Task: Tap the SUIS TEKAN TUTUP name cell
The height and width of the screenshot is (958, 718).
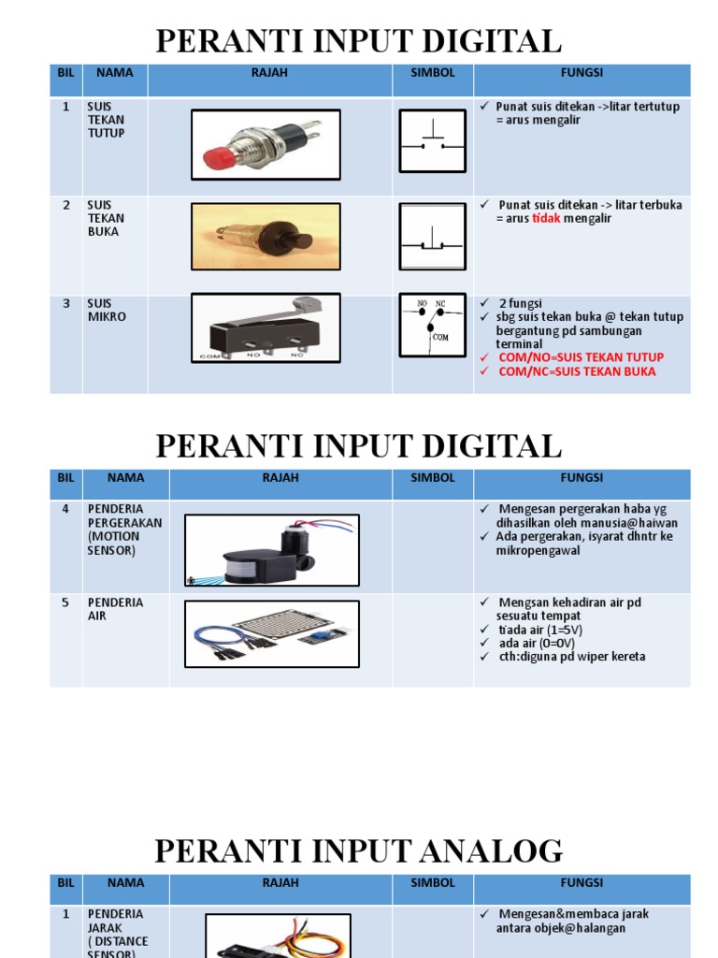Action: click(106, 120)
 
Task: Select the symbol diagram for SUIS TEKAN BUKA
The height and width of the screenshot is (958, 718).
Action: click(432, 238)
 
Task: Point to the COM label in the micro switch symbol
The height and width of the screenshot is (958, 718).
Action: click(441, 337)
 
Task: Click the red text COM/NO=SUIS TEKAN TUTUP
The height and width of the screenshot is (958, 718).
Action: click(581, 357)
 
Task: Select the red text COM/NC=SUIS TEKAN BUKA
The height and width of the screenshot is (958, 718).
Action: click(577, 371)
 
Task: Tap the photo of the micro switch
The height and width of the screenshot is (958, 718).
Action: click(266, 328)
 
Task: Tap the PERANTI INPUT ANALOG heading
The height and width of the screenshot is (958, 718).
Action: click(358, 851)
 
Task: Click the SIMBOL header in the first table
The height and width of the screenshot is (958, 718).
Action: click(432, 72)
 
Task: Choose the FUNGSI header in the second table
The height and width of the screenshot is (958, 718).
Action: click(582, 478)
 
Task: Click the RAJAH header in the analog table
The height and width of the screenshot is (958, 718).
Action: click(280, 883)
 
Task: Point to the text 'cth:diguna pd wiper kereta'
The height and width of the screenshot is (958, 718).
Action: click(570, 657)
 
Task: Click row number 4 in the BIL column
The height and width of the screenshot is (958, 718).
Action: click(65, 509)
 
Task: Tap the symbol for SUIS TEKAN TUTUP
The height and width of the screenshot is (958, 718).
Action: click(432, 141)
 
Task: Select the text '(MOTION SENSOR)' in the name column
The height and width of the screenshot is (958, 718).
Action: click(113, 544)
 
